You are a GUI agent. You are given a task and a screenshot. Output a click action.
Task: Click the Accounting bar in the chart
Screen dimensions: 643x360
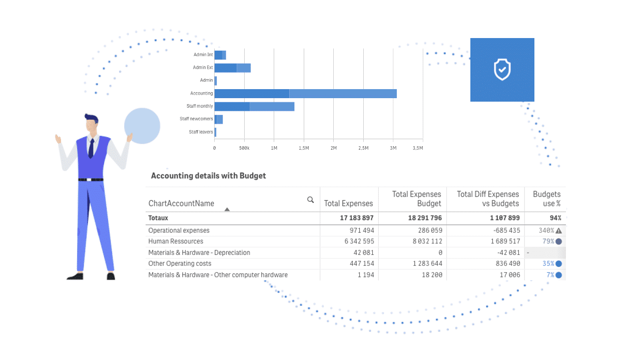click(x=305, y=94)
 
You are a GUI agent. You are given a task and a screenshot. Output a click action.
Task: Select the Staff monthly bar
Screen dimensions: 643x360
click(x=254, y=107)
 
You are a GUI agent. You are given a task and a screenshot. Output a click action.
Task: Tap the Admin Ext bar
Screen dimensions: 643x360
click(x=233, y=68)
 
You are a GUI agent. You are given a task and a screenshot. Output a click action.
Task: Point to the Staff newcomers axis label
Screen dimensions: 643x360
click(x=196, y=119)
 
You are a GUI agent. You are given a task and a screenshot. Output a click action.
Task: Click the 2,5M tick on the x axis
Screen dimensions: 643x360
click(x=363, y=148)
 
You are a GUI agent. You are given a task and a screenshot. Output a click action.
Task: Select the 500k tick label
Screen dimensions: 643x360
click(x=244, y=148)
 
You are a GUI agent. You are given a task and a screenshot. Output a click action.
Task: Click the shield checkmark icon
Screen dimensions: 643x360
click(x=502, y=70)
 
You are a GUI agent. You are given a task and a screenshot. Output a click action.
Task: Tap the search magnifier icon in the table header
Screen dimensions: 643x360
click(x=310, y=200)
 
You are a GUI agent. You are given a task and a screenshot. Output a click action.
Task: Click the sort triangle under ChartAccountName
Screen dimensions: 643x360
click(x=227, y=209)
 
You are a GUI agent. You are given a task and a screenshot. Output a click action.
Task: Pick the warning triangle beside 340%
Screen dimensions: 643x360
click(x=558, y=230)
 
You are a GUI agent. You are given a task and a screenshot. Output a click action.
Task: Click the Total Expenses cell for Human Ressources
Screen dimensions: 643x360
click(x=359, y=241)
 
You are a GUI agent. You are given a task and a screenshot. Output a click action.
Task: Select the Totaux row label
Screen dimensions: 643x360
click(x=158, y=218)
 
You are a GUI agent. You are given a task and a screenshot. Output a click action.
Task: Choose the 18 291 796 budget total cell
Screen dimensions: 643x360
click(x=425, y=218)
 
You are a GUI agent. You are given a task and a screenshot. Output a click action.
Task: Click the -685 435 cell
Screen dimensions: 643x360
click(x=507, y=230)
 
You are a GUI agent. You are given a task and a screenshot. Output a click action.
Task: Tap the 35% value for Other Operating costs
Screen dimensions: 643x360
click(x=548, y=263)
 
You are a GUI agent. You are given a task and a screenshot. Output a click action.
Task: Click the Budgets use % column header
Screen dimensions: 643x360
click(x=547, y=199)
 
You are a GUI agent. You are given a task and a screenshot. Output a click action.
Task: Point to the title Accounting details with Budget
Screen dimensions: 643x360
click(x=208, y=176)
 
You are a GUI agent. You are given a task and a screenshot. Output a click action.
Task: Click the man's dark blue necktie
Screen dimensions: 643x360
click(x=92, y=148)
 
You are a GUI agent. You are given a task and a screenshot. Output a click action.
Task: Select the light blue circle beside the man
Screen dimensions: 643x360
click(x=142, y=126)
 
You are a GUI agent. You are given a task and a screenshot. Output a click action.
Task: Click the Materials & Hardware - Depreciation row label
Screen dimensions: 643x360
click(x=199, y=252)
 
